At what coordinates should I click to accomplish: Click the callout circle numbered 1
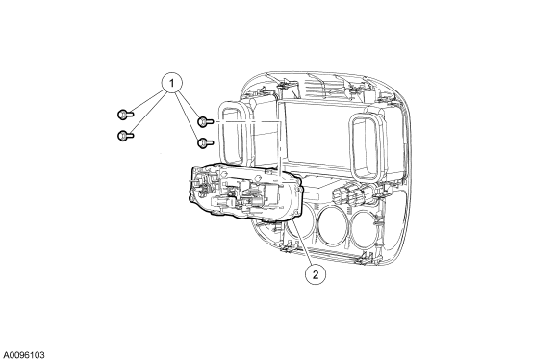click(x=172, y=83)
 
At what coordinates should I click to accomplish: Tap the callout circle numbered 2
click(x=316, y=274)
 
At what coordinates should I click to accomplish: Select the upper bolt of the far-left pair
click(x=125, y=115)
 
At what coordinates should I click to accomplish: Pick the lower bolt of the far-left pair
click(x=125, y=136)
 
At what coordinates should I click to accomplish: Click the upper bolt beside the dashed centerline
click(x=205, y=122)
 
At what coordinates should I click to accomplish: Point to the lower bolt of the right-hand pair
click(x=205, y=142)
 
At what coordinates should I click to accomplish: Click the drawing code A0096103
click(x=24, y=355)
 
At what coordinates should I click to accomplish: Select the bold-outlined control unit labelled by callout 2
click(x=244, y=193)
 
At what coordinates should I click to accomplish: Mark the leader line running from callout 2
click(x=303, y=244)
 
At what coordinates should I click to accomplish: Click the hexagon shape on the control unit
click(x=224, y=174)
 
